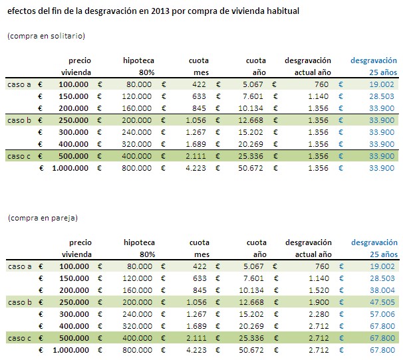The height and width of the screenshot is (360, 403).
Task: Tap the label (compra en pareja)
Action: click(41, 217)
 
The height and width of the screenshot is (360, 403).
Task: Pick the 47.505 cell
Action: click(384, 302)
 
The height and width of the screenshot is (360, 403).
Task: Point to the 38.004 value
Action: click(384, 290)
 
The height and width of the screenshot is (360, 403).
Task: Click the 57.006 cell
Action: click(384, 314)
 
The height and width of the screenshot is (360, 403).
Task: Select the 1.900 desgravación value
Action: click(320, 302)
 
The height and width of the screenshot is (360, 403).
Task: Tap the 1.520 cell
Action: click(320, 290)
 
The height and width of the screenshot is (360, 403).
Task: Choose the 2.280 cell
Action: click(320, 314)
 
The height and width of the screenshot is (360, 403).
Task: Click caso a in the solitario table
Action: click(19, 84)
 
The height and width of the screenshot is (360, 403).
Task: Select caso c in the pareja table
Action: click(19, 338)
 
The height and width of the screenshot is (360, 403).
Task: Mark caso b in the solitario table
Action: click(19, 120)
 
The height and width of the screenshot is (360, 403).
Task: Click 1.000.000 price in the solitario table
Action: click(67, 168)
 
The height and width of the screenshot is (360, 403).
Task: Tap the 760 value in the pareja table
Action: click(322, 266)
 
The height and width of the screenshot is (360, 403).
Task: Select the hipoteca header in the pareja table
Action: click(139, 242)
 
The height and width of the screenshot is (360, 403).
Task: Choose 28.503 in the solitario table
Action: click(384, 96)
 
